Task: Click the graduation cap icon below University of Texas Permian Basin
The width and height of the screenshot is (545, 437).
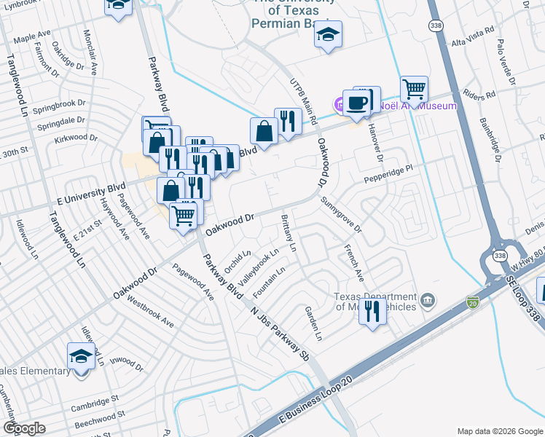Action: coord(328,35)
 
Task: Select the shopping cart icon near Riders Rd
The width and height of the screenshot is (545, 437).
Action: coord(414,90)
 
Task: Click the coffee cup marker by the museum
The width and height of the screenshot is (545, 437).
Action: coord(356,103)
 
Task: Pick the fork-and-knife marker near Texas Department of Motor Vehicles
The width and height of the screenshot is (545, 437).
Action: coord(372,312)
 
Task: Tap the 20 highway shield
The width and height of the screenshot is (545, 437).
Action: coord(474,301)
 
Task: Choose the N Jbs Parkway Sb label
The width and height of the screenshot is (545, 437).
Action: coord(280,332)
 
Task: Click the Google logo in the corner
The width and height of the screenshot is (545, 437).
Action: coord(23,428)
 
